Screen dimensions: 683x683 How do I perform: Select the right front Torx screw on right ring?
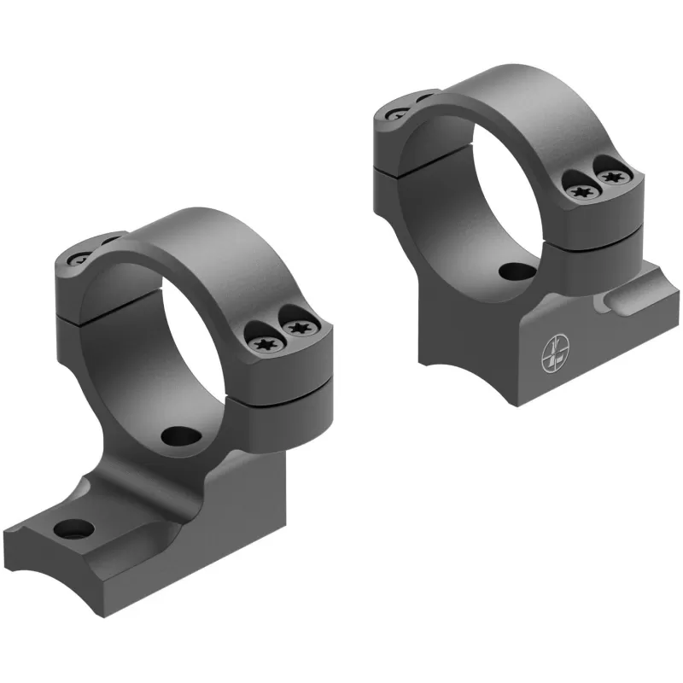point(611,177)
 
